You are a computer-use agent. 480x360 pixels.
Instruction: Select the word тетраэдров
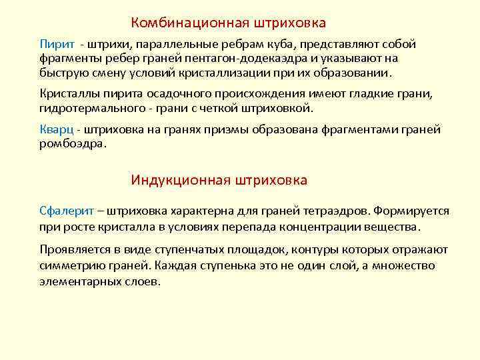coord(333,211)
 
